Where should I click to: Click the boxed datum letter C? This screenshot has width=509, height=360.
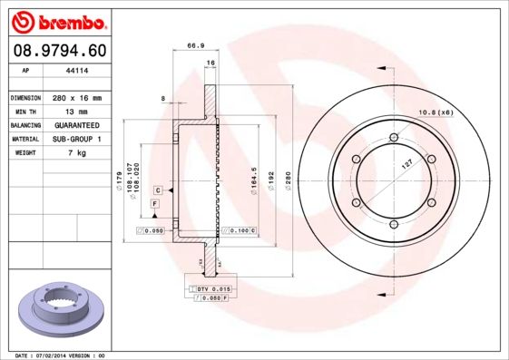click(158, 190)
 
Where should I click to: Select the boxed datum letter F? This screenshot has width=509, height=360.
click(155, 205)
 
